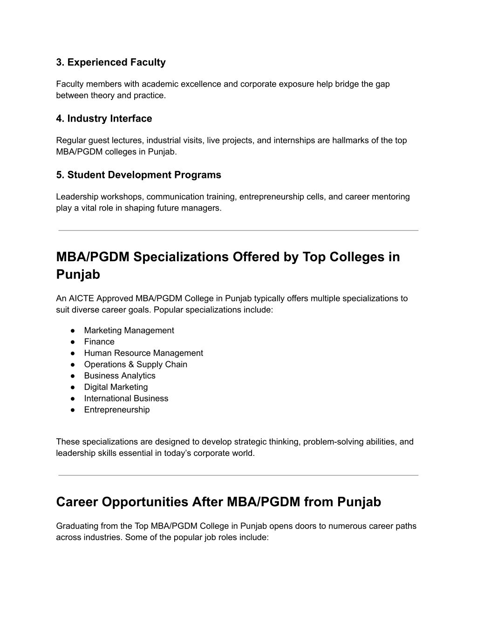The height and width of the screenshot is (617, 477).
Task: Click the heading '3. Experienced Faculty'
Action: pyautogui.click(x=111, y=62)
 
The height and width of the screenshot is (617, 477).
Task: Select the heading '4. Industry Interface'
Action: pyautogui.click(x=104, y=119)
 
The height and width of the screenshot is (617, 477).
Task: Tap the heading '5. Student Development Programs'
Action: pyautogui.click(x=138, y=175)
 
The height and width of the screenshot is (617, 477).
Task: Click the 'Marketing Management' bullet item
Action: pyautogui.click(x=129, y=331)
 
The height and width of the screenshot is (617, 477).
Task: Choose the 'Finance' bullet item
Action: pyautogui.click(x=99, y=342)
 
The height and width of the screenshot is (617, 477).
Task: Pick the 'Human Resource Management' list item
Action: pyautogui.click(x=143, y=353)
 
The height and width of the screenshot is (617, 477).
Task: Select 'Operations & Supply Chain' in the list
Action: pyautogui.click(x=136, y=365)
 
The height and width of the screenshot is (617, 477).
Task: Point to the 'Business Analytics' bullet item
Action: pyautogui.click(x=120, y=376)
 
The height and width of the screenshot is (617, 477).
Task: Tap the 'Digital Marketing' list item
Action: pyautogui.click(x=116, y=387)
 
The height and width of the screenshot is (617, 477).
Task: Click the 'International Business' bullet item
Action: pyautogui.click(x=126, y=399)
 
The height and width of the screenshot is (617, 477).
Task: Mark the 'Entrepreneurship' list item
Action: pyautogui.click(x=117, y=410)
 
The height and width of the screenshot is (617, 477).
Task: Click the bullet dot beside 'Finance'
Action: pyautogui.click(x=73, y=342)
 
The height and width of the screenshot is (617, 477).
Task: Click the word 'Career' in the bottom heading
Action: pyautogui.click(x=77, y=502)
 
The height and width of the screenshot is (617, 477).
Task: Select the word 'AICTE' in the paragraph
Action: pyautogui.click(x=82, y=298)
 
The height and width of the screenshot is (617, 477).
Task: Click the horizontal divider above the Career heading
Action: pyautogui.click(x=238, y=475)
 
